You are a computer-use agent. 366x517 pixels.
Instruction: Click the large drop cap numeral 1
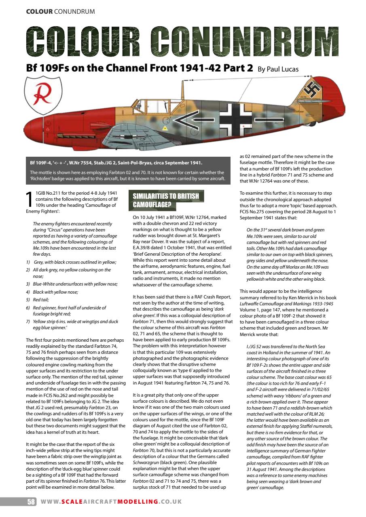coord(29,199)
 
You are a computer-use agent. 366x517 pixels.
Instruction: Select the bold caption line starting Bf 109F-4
coord(116,163)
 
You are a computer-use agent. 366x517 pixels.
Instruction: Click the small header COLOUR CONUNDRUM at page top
coord(61,11)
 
